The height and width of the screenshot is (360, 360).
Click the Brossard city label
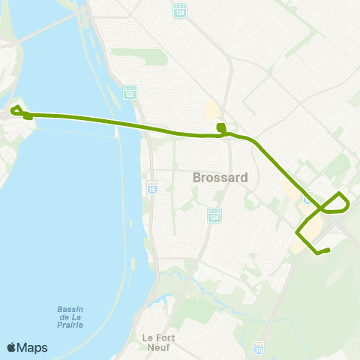point(220,178)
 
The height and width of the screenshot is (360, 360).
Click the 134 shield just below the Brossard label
point(214,214)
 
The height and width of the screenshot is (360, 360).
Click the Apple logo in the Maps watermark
point(11,347)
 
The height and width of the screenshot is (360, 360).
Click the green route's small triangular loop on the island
point(16,115)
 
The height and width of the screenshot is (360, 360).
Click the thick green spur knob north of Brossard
point(220,127)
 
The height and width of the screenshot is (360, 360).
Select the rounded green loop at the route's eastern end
point(342,202)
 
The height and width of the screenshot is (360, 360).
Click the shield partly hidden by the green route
point(307,199)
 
